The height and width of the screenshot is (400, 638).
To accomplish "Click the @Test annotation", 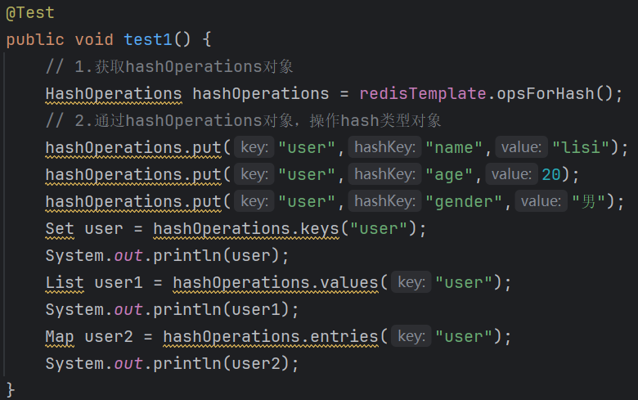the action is [x=30, y=13].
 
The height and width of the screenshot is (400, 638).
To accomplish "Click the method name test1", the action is [x=148, y=39].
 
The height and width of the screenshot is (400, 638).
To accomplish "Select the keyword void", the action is [x=94, y=39].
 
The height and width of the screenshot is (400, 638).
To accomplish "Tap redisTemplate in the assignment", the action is [x=422, y=93].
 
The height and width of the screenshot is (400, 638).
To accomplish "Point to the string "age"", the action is [x=451, y=174].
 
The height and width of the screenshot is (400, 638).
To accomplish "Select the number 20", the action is [x=550, y=174].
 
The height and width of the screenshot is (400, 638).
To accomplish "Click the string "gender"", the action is [x=465, y=201].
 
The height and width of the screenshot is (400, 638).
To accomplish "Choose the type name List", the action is [x=65, y=282].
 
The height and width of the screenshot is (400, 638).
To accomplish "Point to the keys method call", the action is [x=324, y=228].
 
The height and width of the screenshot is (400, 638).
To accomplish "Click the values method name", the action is [x=353, y=282].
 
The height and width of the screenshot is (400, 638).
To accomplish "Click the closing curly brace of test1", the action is [x=11, y=388].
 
